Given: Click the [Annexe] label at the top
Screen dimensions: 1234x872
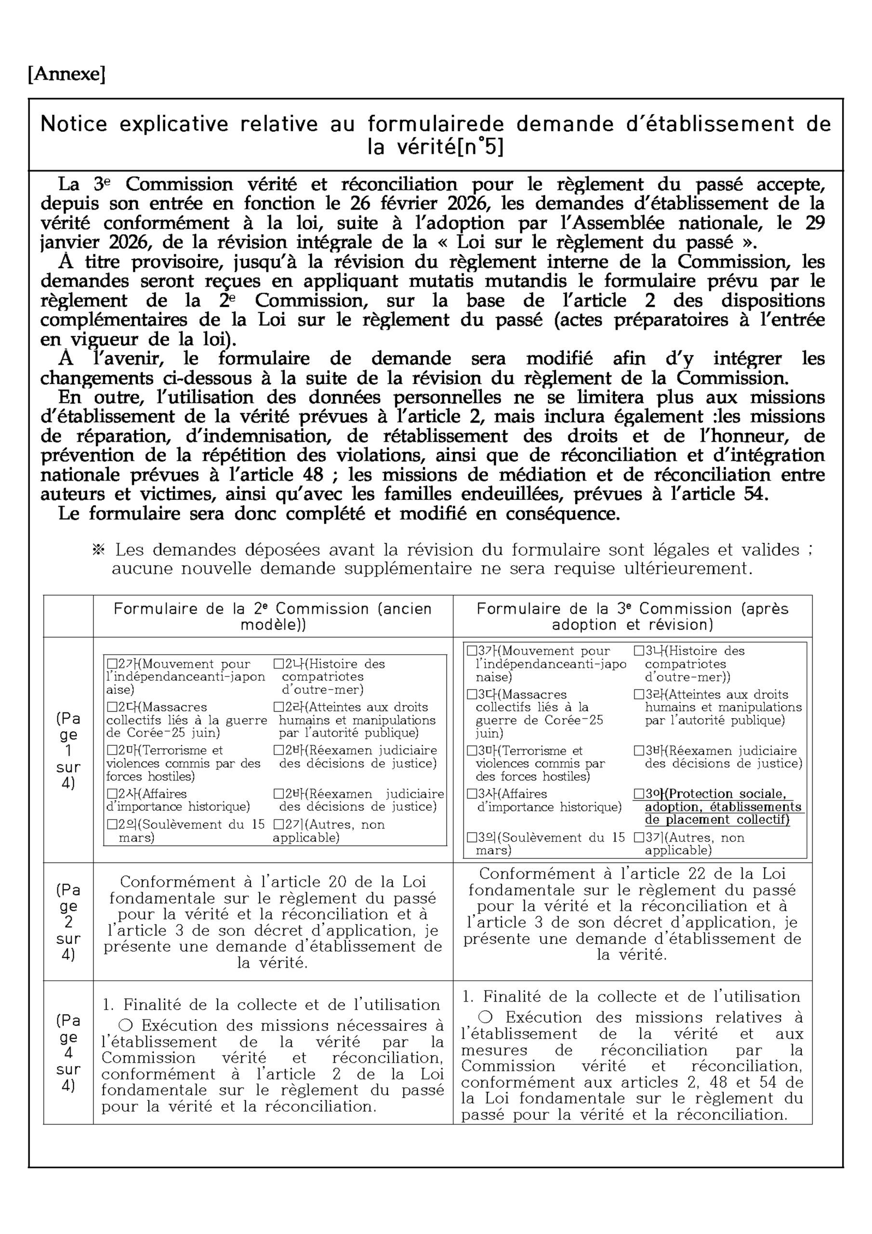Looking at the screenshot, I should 66,74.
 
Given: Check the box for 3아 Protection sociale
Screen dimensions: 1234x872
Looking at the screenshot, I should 639,794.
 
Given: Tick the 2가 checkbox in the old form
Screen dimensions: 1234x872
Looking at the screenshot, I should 112,664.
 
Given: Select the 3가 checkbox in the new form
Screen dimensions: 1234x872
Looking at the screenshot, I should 472,651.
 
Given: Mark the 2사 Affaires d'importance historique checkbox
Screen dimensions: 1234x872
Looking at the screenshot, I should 112,794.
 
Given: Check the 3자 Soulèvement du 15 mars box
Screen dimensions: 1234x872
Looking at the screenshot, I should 472,837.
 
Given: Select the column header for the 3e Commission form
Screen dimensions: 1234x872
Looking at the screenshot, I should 633,617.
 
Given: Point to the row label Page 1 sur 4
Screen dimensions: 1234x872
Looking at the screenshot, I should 68,751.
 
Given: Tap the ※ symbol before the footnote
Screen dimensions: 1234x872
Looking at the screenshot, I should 98,550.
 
